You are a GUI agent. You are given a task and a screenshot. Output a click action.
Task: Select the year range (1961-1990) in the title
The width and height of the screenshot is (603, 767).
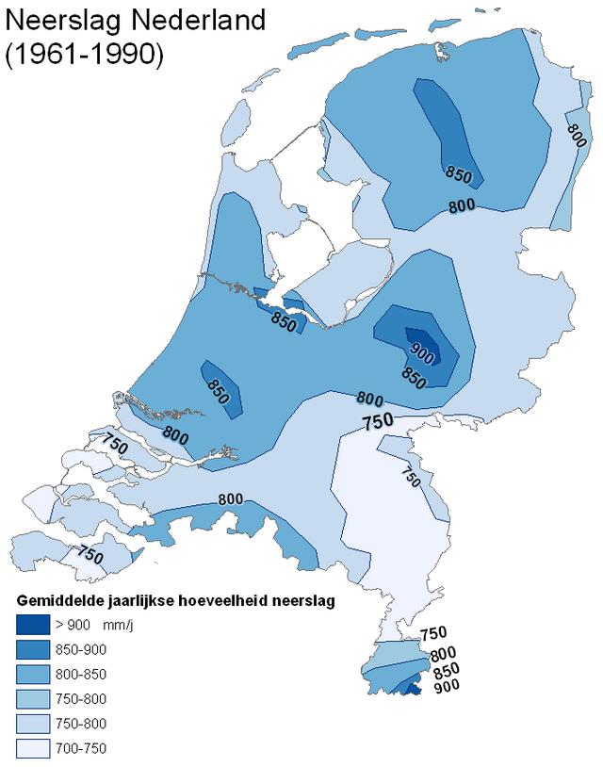click(85, 55)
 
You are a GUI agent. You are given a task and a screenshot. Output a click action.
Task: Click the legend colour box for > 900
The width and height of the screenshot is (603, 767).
click(33, 624)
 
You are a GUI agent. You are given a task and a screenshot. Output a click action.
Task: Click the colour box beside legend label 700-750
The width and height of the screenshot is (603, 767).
click(33, 748)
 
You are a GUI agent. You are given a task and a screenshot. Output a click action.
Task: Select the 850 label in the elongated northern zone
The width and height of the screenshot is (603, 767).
click(459, 173)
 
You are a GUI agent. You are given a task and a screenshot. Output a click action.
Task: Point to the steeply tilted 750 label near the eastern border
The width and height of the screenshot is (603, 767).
click(410, 478)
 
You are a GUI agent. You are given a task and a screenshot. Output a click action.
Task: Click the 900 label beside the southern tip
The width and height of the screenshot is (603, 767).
click(444, 688)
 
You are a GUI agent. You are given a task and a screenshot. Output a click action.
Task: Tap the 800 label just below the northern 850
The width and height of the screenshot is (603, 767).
click(461, 204)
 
